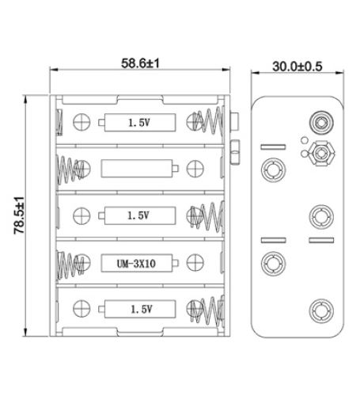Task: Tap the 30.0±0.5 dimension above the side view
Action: click(297, 67)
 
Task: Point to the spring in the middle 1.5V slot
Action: click(207, 215)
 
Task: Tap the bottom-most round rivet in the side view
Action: click(321, 309)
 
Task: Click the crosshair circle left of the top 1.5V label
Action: click(80, 123)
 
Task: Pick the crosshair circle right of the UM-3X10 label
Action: click(193, 262)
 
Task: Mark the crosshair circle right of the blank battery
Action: click(193, 168)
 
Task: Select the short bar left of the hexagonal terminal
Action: click(273, 147)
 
